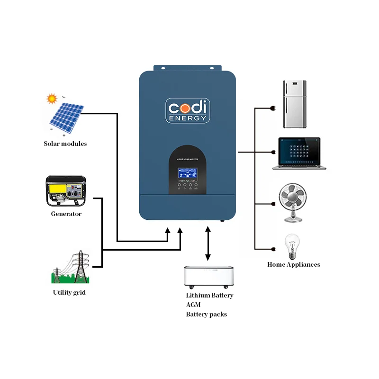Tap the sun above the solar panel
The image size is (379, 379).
pyautogui.click(x=51, y=99)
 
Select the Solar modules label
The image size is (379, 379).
pyautogui.click(x=65, y=144)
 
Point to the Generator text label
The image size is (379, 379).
pyautogui.click(x=66, y=214)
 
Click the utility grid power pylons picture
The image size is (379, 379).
pyautogui.click(x=70, y=268)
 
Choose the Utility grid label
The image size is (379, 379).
pyautogui.click(x=69, y=293)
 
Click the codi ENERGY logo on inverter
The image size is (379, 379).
pyautogui.click(x=188, y=110)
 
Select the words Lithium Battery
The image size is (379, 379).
pyautogui.click(x=209, y=295)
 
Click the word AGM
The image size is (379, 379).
pyautogui.click(x=194, y=305)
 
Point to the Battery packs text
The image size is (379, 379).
pyautogui.click(x=206, y=315)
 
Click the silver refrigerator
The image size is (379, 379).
pyautogui.click(x=294, y=104)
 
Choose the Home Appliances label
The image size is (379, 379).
pyautogui.click(x=294, y=265)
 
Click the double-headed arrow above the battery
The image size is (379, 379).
pyautogui.click(x=208, y=244)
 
